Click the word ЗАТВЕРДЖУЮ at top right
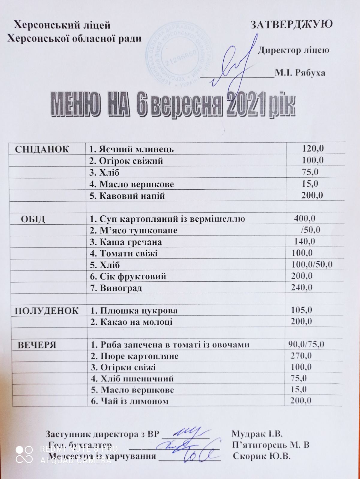pos(291,24)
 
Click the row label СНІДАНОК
pos(42,149)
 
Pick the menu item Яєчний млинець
pos(132,149)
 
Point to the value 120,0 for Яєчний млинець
pos(313,148)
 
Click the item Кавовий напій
pos(127,196)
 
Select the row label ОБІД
pos(33,219)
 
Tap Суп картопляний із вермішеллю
pos(167,219)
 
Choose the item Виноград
pos(116,288)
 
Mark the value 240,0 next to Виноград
pos(302,287)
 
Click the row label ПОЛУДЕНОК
pos(47,311)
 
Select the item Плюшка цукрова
pos(134,311)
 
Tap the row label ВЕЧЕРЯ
pos(37,345)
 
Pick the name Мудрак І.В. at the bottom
pos(257,434)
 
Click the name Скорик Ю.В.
pos(262,457)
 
